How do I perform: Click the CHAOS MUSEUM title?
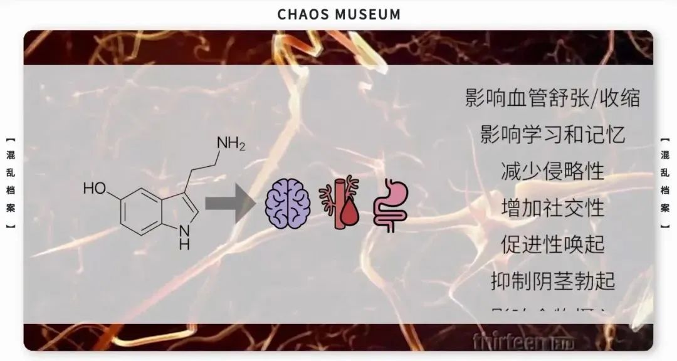point(338,14)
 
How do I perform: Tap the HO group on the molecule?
point(96,188)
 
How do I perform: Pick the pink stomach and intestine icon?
point(390,205)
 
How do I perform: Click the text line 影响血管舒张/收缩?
point(553,98)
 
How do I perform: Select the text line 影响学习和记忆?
point(553,135)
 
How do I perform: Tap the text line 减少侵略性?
point(553,170)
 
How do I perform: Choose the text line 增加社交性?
point(553,207)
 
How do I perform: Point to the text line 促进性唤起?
point(553,243)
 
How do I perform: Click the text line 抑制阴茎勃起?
point(553,280)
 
